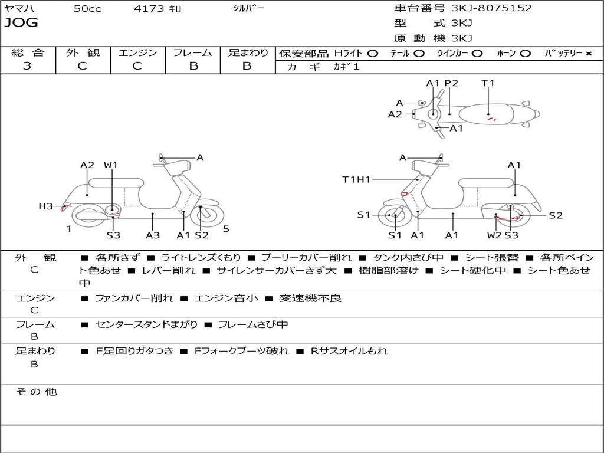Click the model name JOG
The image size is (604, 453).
coord(21,23)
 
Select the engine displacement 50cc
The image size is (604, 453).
coord(87,9)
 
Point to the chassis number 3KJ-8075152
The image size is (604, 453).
coord(491,8)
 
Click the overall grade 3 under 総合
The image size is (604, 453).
coord(27,66)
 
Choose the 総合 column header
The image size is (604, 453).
coord(28,53)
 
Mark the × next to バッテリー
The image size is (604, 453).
coord(589,54)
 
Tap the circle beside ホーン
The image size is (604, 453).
coord(526,54)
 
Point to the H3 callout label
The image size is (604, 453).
coord(46,206)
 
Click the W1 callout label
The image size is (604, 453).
coord(111,165)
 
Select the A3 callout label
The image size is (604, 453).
coord(153,235)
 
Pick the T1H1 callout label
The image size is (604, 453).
coord(356,179)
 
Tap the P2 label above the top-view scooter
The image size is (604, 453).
coord(451,83)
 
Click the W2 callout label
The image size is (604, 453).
coord(494,235)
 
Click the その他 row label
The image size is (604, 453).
coord(36,392)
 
